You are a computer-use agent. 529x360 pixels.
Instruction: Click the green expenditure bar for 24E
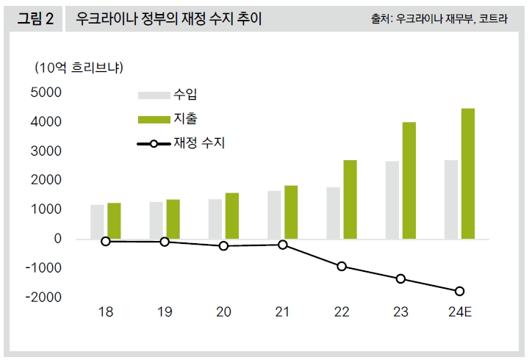pos(467,173)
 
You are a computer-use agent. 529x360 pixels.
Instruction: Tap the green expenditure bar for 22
pos(350,199)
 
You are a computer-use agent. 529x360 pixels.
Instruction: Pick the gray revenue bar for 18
pos(97,222)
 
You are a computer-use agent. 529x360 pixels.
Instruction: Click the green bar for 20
pos(232,216)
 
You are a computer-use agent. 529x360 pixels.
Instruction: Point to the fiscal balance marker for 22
pos(342,266)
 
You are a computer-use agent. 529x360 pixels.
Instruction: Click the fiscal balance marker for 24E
pos(459,291)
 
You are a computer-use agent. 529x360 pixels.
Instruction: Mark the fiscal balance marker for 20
pos(223,245)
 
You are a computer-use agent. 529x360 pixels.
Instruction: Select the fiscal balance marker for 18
pos(106,241)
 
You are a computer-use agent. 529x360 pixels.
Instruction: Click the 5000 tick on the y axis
pos(47,93)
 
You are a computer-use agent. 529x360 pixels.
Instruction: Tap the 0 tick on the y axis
pos(57,239)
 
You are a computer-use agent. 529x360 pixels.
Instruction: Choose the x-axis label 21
pos(282,312)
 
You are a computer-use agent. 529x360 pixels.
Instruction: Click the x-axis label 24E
pos(459,312)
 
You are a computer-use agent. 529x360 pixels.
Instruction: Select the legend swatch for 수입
pos(154,94)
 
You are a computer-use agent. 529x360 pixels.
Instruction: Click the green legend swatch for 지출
pos(154,118)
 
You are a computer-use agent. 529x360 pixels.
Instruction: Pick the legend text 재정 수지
pos(199,143)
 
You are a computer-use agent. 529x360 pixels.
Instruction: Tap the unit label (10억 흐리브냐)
pos(79,68)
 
